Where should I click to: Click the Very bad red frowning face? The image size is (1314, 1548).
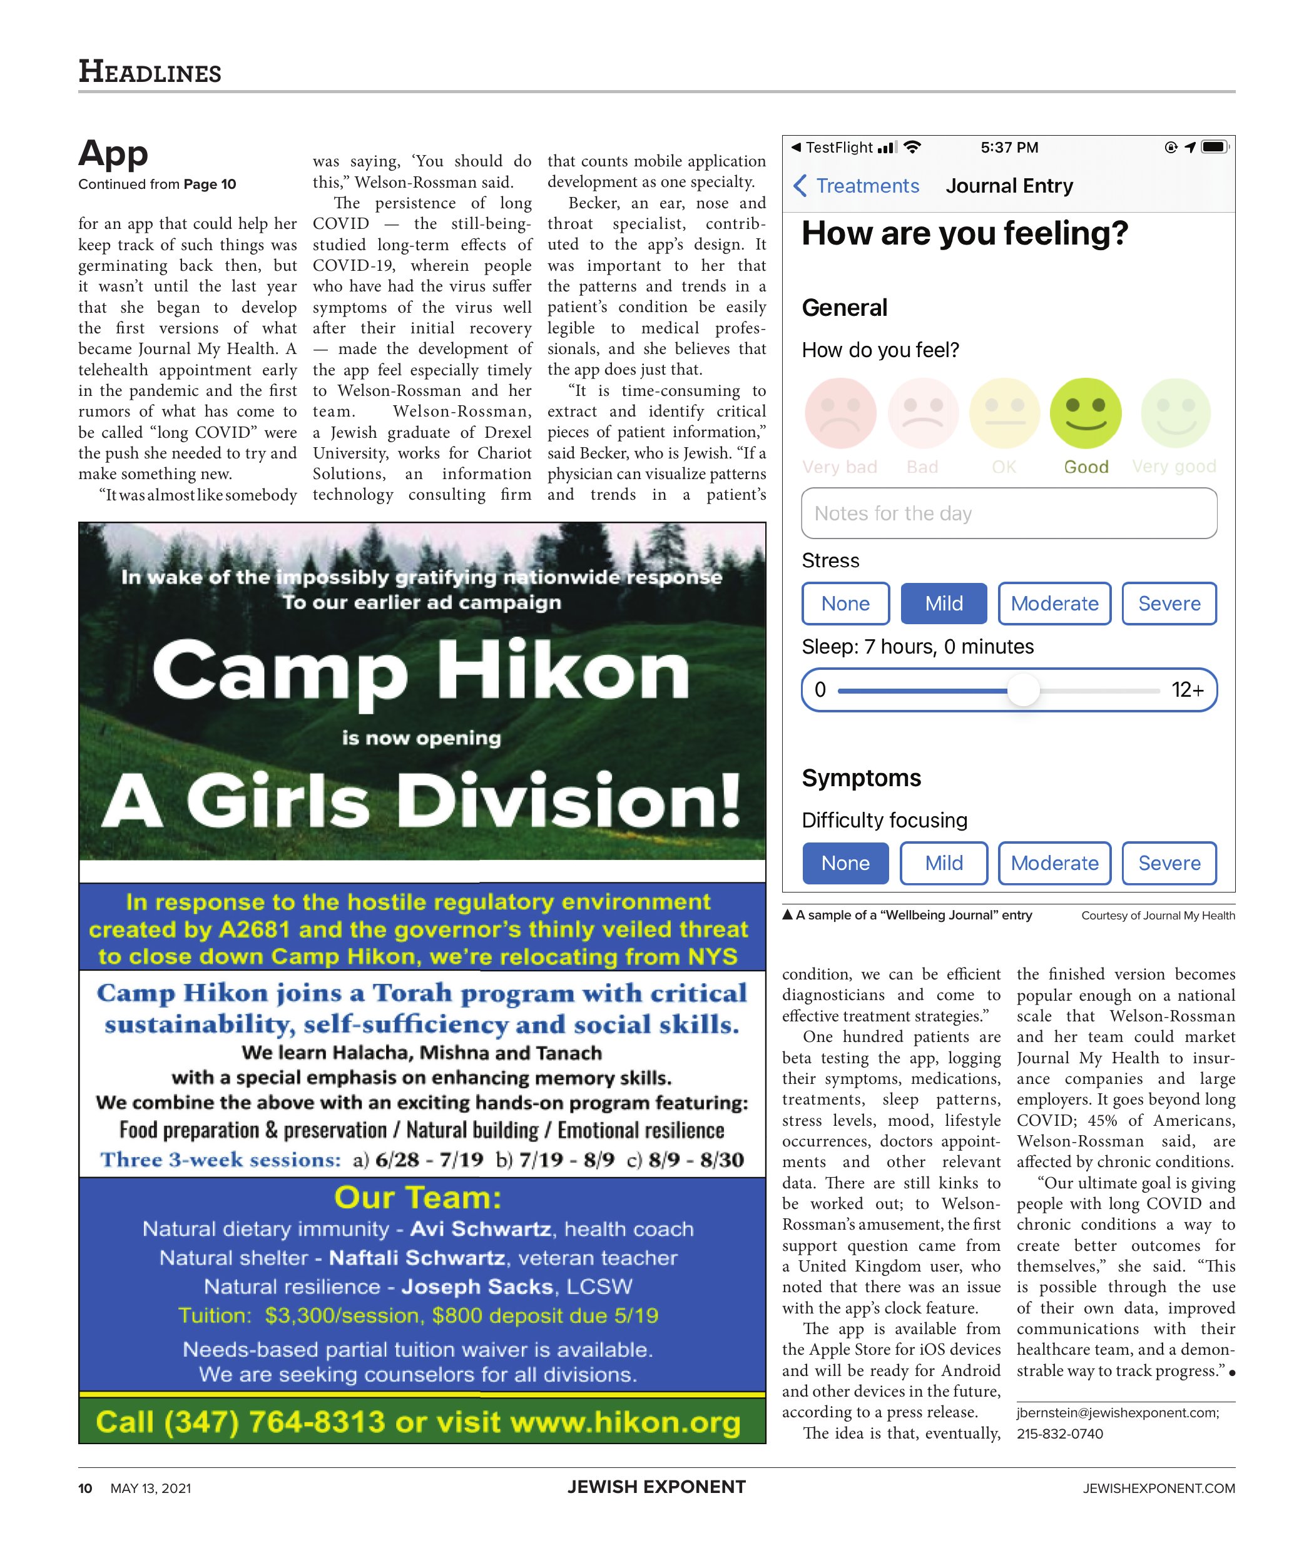840,413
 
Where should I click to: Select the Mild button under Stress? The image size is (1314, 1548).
943,603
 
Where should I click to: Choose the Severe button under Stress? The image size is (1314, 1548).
1168,603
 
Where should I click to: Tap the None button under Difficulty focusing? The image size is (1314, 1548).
845,863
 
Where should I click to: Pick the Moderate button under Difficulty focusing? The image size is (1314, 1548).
1054,863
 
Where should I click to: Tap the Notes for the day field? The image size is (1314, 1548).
1009,513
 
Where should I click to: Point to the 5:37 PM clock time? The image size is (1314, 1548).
1009,148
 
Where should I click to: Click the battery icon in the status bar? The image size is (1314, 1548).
1214,147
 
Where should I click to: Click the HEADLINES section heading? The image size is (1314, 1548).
150,72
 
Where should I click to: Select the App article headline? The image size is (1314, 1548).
113,153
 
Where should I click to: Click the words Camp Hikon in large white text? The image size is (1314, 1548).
421,672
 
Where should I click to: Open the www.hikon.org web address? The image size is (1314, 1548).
625,1422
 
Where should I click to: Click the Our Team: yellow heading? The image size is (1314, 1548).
417,1197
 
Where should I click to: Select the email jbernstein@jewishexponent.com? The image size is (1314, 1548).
1118,1412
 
